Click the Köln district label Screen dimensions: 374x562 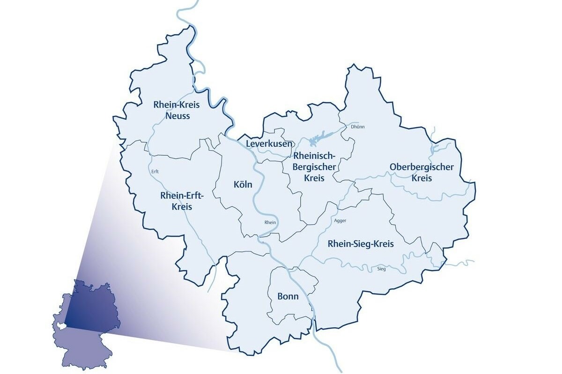coord(243,185)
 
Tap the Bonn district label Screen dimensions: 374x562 coord(288,296)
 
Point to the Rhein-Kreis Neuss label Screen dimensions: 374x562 coord(177,110)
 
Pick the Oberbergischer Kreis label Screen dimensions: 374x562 coord(421,173)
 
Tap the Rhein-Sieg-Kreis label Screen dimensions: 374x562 coord(361,244)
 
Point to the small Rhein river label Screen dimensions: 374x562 coord(270,223)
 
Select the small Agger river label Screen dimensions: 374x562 coord(340,220)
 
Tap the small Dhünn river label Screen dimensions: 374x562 coord(357,127)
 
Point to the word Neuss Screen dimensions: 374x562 coord(177,115)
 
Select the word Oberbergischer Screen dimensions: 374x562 coord(421,167)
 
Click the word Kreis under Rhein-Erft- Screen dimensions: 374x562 coord(182,206)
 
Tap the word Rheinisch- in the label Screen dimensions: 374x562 coord(314,155)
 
